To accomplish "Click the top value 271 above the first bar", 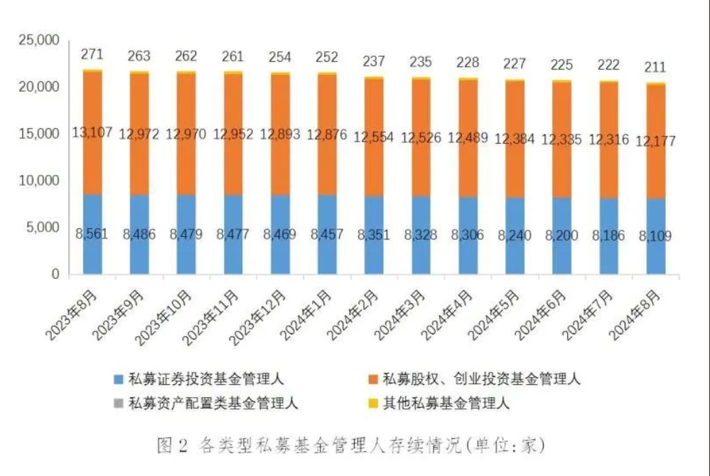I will click(x=92, y=54).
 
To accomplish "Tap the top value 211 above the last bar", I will click(x=655, y=68).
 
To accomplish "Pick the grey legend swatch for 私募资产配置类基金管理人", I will click(x=118, y=404).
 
